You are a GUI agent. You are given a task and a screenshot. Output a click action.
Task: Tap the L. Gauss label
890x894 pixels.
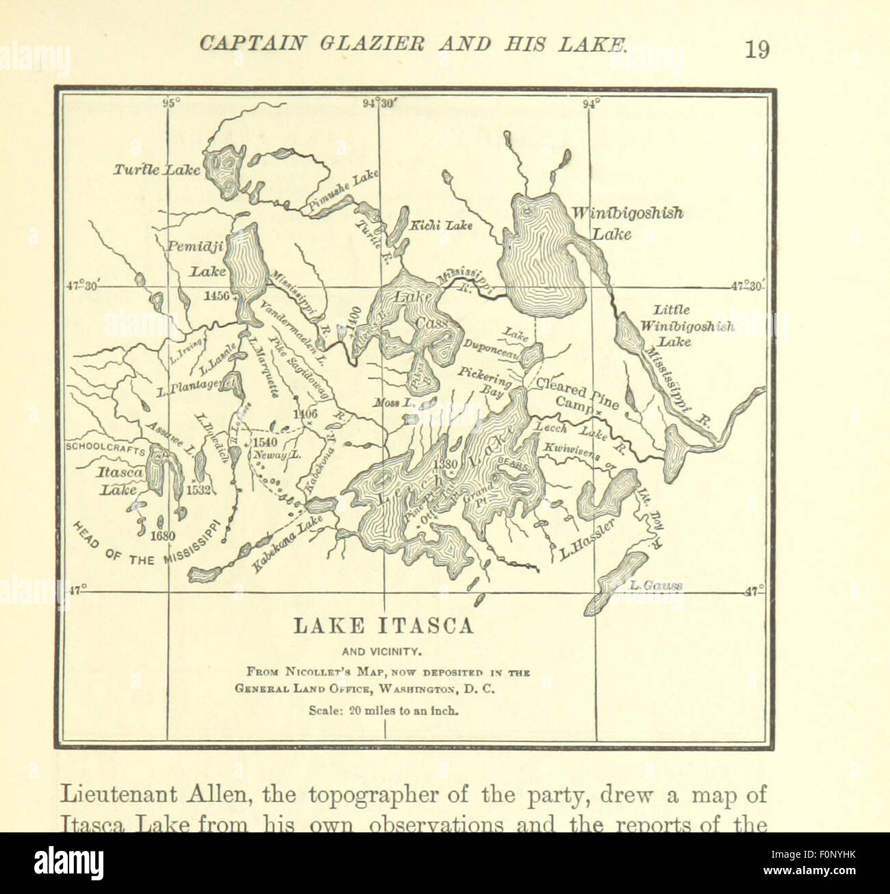coord(658,585)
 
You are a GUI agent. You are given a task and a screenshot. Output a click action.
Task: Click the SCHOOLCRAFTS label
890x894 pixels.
coord(105,448)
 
